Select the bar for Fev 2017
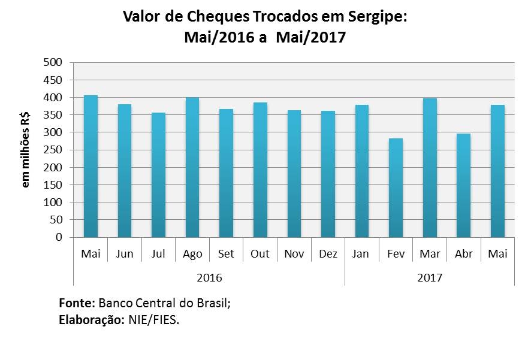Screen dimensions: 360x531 (396, 188)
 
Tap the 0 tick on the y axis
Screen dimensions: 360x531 (59, 237)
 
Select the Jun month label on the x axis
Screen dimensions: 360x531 (125, 254)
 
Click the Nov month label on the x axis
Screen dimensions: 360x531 (294, 254)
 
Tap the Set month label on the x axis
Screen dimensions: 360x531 (227, 254)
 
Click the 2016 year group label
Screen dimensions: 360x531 (209, 278)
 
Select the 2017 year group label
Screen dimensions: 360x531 (429, 278)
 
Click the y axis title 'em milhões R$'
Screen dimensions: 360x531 (26, 150)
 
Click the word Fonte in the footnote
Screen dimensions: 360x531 (76, 303)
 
